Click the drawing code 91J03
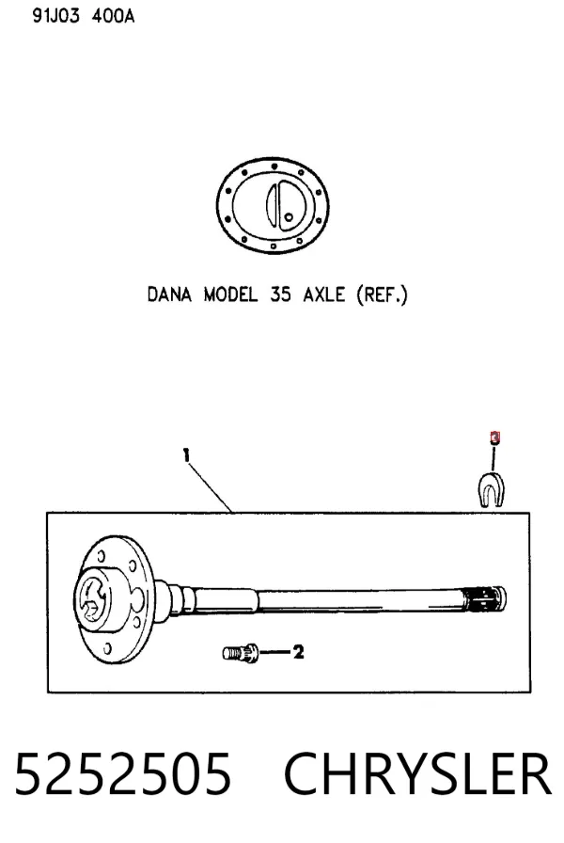[55, 16]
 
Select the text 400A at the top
[113, 16]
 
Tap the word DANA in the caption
[169, 294]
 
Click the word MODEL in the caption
[230, 294]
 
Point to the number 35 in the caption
[280, 294]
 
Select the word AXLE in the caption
[324, 294]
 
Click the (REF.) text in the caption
[382, 295]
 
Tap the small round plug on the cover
[289, 217]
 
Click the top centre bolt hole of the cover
[274, 166]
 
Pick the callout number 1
[186, 456]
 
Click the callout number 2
[298, 652]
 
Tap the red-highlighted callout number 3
[494, 437]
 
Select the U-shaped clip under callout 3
[491, 489]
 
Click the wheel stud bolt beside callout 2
[241, 653]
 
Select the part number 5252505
[123, 774]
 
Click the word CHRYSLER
[417, 774]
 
